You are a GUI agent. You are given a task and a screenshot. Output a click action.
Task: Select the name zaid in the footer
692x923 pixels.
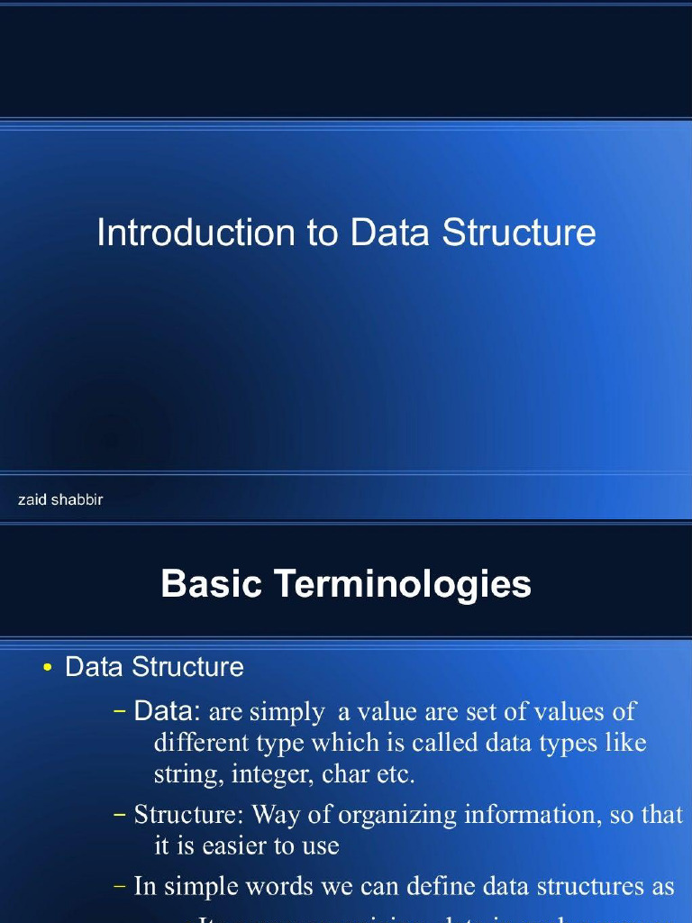coord(32,499)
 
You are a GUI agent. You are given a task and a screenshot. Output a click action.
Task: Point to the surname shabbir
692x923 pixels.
coord(77,499)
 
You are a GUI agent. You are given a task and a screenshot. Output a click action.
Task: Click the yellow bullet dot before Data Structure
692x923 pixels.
coord(48,668)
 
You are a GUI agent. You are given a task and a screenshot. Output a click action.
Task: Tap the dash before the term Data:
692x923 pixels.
coord(121,712)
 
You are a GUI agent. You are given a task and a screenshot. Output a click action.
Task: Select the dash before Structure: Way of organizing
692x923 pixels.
coord(121,815)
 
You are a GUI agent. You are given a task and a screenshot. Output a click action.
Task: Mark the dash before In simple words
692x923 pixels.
coord(121,886)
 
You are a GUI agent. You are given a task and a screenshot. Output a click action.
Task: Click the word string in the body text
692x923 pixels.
coord(187,773)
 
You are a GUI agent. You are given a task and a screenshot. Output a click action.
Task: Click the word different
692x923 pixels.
coord(205,744)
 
